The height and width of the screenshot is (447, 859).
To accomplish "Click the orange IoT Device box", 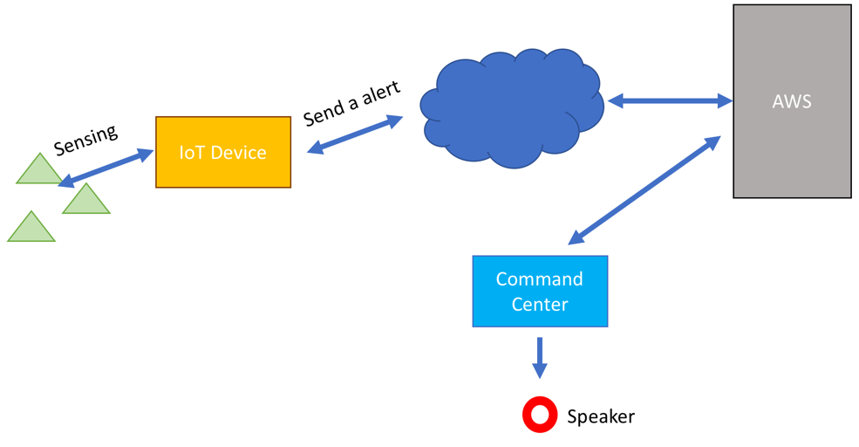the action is pyautogui.click(x=223, y=152).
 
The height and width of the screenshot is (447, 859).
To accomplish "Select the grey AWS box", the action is pyautogui.click(x=792, y=101).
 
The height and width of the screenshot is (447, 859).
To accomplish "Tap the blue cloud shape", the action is pyautogui.click(x=512, y=108).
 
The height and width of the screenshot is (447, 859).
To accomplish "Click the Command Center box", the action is pyautogui.click(x=540, y=292).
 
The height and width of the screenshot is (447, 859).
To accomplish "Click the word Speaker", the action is pyautogui.click(x=600, y=416).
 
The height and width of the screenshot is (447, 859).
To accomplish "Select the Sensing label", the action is pyautogui.click(x=85, y=140).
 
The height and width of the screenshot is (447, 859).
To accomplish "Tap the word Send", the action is pyautogui.click(x=324, y=113).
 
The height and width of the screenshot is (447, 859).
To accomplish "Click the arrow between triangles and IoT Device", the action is pyautogui.click(x=106, y=168).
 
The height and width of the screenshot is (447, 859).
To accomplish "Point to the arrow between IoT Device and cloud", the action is pyautogui.click(x=355, y=134).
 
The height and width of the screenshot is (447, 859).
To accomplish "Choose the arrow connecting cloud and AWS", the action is pyautogui.click(x=670, y=101).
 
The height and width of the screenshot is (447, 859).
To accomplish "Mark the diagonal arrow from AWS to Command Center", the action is pyautogui.click(x=644, y=189).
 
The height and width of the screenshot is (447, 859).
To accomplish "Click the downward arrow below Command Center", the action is pyautogui.click(x=540, y=358).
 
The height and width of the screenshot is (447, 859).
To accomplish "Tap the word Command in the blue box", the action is pyautogui.click(x=540, y=279).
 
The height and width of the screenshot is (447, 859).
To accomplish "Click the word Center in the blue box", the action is pyautogui.click(x=540, y=304).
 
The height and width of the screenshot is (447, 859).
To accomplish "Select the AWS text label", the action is pyautogui.click(x=792, y=101).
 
